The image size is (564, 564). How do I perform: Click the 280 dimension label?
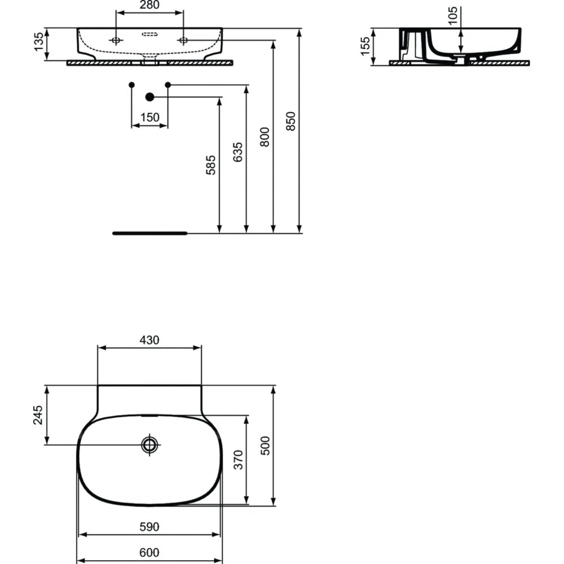point(149,5)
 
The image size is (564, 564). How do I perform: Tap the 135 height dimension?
point(38,42)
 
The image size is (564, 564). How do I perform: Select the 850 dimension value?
point(290,121)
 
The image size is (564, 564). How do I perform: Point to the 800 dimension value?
point(265,137)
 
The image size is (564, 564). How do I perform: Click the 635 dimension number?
point(238,152)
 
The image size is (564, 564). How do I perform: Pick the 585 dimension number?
point(211,165)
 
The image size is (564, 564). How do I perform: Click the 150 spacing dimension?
point(149,117)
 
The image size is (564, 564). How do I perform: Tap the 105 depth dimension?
point(453,15)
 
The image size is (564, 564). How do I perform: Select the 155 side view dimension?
point(365,46)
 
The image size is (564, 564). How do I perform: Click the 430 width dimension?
point(149,340)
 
